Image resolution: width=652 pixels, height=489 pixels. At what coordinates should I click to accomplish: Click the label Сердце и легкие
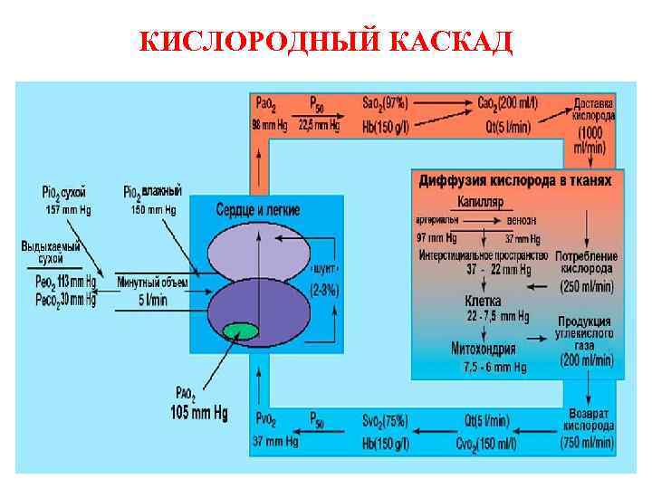pos(258,208)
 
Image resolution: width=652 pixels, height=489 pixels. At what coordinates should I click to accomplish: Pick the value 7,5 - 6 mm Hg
pos(494,367)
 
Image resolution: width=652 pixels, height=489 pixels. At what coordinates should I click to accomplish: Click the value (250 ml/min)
pos(586,285)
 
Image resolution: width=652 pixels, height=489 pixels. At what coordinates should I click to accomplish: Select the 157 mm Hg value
pos(63,209)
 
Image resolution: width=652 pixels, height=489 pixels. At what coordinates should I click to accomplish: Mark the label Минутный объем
pos(153,283)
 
